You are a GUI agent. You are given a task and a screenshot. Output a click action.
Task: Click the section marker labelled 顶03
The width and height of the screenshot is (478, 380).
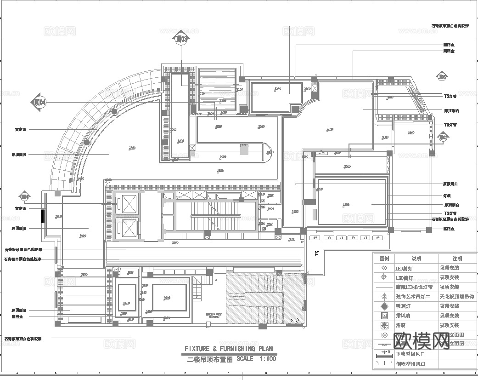click(x=181, y=39)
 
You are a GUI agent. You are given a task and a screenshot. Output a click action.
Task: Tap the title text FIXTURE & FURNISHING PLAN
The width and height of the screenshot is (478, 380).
click(x=228, y=349)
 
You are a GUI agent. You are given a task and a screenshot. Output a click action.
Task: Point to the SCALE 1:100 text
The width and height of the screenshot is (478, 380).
click(x=256, y=359)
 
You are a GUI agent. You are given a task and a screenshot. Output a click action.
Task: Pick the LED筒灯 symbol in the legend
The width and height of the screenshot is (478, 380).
click(x=384, y=277)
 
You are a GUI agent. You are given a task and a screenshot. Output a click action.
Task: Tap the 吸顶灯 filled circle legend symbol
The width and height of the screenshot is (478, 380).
click(x=384, y=306)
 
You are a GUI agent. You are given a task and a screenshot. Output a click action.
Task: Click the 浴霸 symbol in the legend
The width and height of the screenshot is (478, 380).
click(x=384, y=325)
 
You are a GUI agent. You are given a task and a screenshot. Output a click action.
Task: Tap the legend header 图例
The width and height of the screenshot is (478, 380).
click(x=383, y=259)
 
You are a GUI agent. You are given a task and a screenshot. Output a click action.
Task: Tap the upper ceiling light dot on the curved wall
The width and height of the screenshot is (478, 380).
click(x=114, y=111)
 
